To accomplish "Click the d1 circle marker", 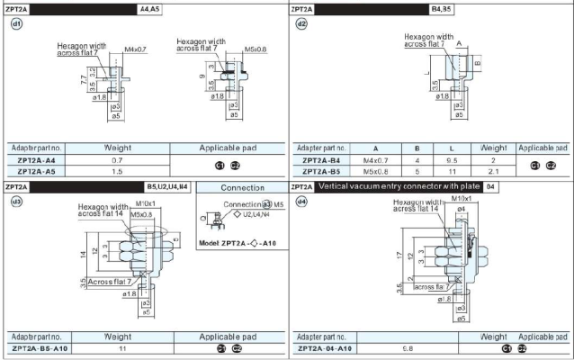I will [x=15, y=24].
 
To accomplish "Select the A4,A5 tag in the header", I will [x=150, y=7].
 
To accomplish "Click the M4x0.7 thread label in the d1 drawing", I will [x=136, y=49].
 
